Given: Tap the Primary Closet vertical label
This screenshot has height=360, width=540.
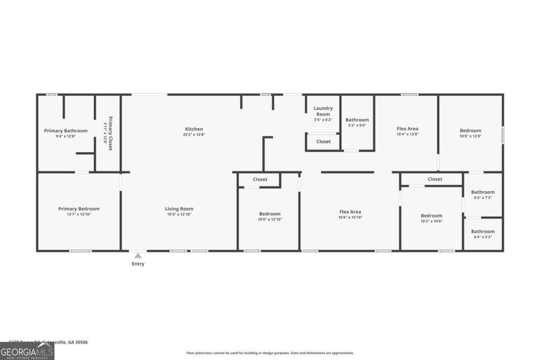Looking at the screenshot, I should point(110,133).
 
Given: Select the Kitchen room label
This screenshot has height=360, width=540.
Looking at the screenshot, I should point(194,129).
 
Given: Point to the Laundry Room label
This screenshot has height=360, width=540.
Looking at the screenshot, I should point(323,111).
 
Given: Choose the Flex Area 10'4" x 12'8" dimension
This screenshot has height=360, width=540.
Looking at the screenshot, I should point(407,134).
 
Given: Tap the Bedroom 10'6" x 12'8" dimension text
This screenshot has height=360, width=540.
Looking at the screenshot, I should point(470,137).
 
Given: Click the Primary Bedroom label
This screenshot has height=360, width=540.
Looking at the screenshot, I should point(79,209).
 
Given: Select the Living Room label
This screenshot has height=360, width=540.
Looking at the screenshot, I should point(179,209).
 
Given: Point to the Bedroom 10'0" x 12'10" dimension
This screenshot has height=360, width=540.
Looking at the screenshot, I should point(269,219).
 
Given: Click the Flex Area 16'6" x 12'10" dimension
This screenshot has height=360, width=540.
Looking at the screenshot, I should point(350,217).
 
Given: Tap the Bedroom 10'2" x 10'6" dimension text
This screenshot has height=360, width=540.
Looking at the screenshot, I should point(431,221).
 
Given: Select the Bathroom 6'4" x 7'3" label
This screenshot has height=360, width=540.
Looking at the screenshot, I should point(483,192).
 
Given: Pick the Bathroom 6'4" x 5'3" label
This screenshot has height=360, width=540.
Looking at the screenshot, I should point(483,231).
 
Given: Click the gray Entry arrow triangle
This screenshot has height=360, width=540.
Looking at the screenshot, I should point(138,256).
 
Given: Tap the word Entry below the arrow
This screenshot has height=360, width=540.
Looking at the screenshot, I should point(138,264).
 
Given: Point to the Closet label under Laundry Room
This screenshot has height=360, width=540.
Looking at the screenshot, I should point(323,141).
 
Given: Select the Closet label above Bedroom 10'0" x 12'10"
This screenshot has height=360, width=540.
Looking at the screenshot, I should point(260,179).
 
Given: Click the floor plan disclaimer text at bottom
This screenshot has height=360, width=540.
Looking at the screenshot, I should point(269,353).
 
